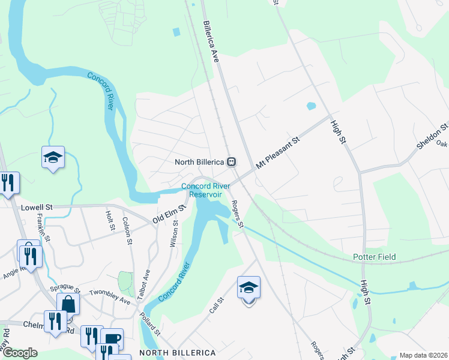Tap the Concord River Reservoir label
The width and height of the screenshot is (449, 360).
(206, 190)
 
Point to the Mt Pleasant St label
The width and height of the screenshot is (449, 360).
(277, 154)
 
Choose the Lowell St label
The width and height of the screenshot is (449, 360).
(37, 207)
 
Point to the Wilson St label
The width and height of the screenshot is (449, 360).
(175, 233)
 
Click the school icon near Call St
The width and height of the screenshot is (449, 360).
(249, 287)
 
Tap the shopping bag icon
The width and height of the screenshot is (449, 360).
(68, 304)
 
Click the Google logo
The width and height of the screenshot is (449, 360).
(20, 353)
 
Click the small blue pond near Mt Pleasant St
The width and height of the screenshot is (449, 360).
(311, 106)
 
